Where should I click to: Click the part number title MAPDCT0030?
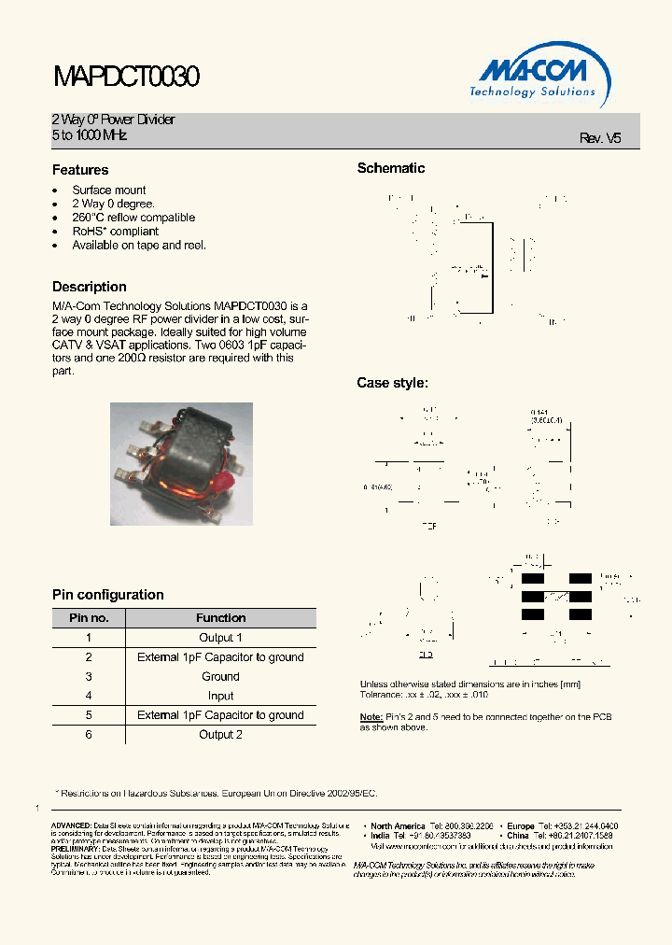(125, 77)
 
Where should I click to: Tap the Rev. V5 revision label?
(599, 137)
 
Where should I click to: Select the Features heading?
(80, 170)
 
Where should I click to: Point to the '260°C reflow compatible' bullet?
(133, 218)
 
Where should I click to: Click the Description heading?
(90, 287)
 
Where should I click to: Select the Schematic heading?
(391, 168)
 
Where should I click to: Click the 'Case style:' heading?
(393, 383)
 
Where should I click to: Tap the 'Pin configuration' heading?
(107, 595)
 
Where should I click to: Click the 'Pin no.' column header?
(89, 618)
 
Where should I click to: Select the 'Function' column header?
(220, 618)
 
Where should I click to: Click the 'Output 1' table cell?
(220, 638)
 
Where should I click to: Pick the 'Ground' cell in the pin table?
(220, 676)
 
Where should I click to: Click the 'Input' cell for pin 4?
(220, 696)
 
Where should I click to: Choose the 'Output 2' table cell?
(220, 735)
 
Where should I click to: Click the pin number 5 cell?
(89, 715)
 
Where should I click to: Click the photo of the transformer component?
(181, 451)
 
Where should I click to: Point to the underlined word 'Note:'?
(371, 717)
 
